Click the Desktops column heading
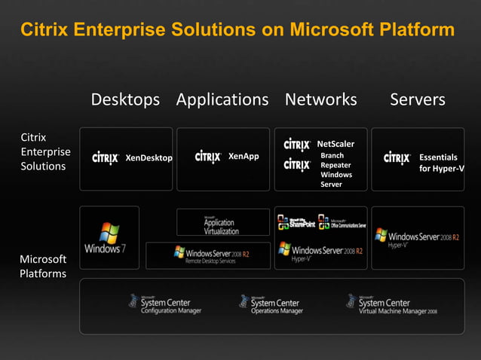125,100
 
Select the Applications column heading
222,100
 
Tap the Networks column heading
320,100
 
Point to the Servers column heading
417,100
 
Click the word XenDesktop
149,158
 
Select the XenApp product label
243,157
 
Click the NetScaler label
335,144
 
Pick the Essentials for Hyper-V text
440,163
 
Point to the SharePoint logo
296,222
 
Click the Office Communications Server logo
343,223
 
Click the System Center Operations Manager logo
271,304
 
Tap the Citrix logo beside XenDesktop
106,158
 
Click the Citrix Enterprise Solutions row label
42,151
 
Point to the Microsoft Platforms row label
42,266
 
